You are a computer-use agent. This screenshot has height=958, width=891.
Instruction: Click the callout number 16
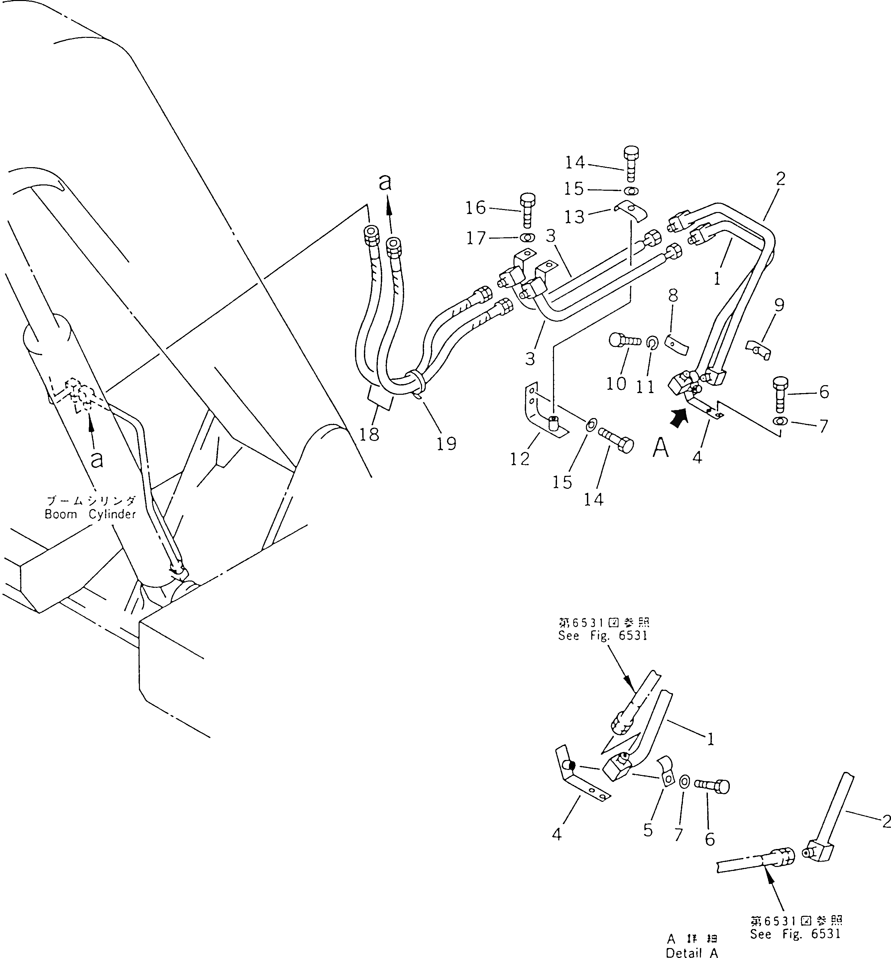476,208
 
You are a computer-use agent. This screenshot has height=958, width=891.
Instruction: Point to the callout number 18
369,435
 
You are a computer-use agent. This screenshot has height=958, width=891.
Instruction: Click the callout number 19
446,443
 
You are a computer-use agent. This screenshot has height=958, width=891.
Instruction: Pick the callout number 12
520,459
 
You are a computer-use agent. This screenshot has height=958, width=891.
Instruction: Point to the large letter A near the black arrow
661,448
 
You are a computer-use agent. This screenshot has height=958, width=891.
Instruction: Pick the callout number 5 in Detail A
648,830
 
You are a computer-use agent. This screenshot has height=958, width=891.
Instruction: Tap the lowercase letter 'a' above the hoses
384,183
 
